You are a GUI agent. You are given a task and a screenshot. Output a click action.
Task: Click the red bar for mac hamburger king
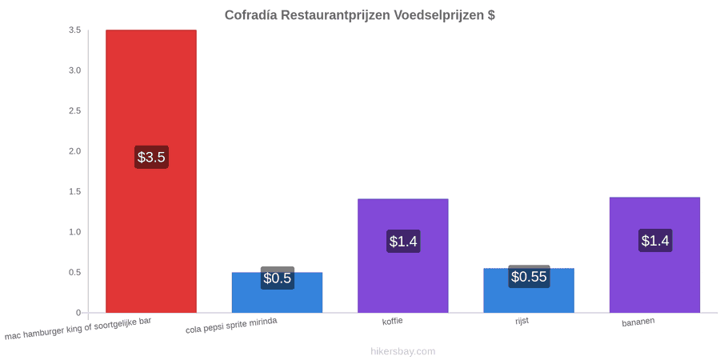click(151, 171)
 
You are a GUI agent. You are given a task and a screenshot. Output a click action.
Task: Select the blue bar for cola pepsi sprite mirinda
click(277, 293)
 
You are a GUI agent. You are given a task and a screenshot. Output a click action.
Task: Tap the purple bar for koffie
click(402, 256)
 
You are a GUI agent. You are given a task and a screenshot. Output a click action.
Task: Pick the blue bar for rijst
click(529, 290)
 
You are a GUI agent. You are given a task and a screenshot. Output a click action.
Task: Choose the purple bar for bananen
click(654, 255)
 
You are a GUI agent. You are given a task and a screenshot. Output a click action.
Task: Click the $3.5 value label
click(151, 157)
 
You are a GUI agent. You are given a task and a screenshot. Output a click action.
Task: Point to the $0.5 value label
click(278, 278)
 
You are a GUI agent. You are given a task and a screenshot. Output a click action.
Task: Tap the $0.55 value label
click(529, 277)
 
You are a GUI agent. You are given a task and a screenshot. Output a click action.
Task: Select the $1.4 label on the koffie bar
click(403, 241)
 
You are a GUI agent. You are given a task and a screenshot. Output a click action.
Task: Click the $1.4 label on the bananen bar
click(655, 240)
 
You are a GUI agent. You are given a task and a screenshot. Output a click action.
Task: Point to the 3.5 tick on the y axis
click(75, 30)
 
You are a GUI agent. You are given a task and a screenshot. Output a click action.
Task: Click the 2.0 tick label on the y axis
click(75, 151)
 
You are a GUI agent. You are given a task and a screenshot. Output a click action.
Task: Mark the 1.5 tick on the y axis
click(75, 191)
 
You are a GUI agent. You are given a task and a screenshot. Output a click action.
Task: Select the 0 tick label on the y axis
click(78, 313)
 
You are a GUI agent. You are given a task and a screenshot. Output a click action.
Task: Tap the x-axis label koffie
click(393, 321)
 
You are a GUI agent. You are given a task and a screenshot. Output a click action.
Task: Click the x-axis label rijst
click(522, 321)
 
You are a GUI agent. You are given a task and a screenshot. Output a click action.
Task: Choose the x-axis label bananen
click(638, 322)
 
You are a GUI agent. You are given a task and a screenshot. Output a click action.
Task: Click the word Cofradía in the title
click(251, 15)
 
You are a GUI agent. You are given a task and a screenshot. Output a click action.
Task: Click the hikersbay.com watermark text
click(403, 351)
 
